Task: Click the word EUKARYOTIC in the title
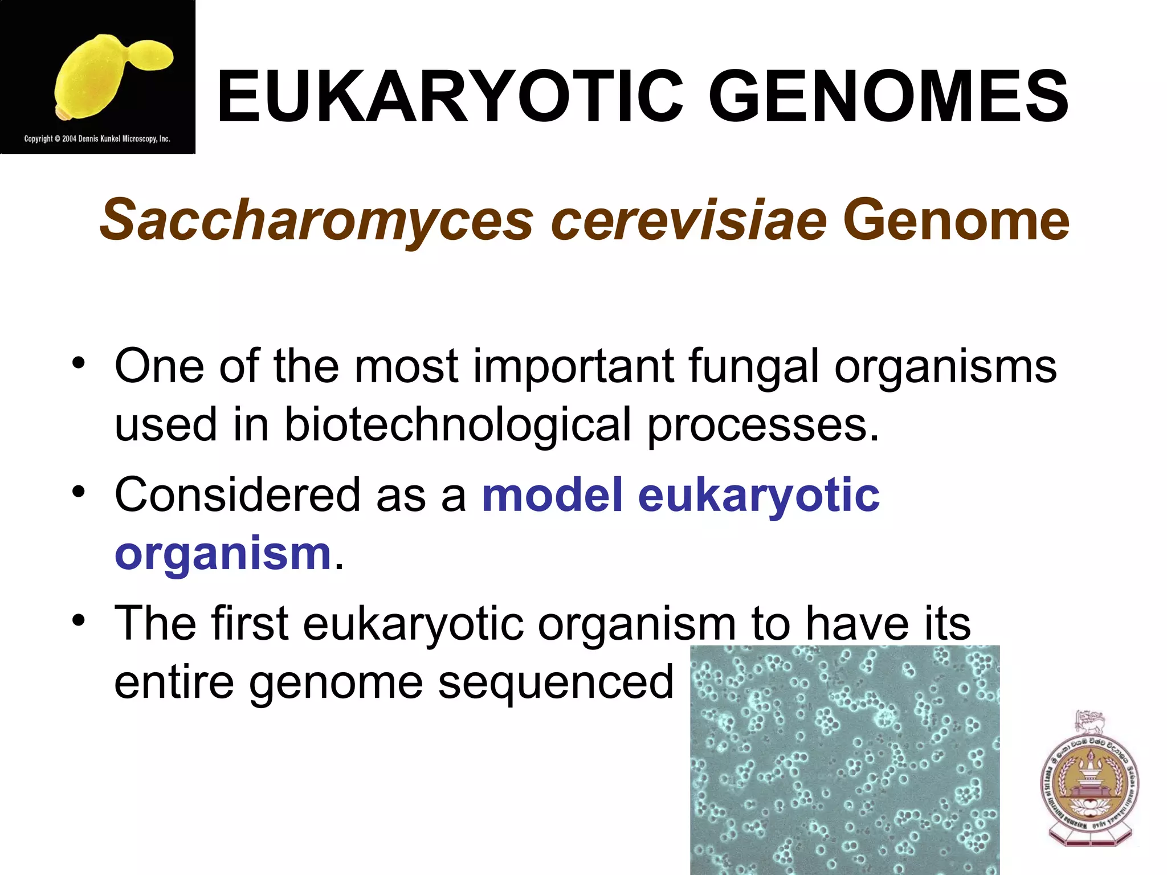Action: click(450, 97)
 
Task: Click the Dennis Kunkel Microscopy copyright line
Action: click(97, 138)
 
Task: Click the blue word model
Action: click(552, 494)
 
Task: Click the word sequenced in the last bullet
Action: click(556, 682)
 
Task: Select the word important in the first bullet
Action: click(573, 367)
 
